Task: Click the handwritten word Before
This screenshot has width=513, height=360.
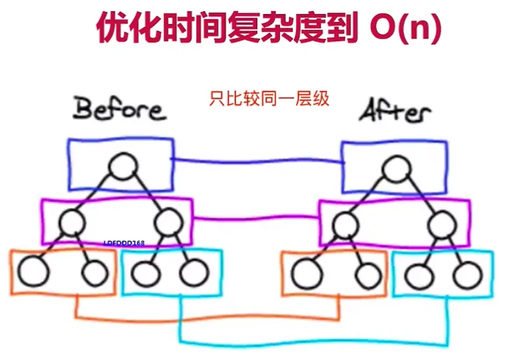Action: (119, 110)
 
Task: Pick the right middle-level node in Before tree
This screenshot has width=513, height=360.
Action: (169, 222)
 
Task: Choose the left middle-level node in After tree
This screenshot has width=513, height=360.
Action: (345, 224)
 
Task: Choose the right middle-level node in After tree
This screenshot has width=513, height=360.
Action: (439, 226)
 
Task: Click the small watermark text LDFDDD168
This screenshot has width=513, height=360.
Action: (125, 244)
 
